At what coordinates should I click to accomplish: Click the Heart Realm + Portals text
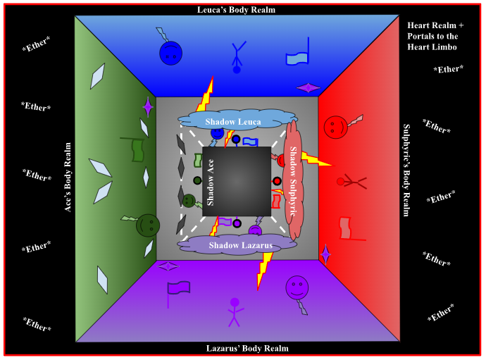pyautogui.click(x=432, y=36)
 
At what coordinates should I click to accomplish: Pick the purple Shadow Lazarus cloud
pyautogui.click(x=240, y=244)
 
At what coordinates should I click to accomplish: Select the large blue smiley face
pyautogui.click(x=170, y=53)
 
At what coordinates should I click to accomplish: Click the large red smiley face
pyautogui.click(x=336, y=127)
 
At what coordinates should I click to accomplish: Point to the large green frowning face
pyautogui.click(x=148, y=225)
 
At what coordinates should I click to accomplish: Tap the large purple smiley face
pyautogui.click(x=297, y=287)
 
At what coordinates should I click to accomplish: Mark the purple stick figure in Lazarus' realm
pyautogui.click(x=235, y=311)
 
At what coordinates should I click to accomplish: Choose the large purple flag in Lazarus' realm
pyautogui.click(x=178, y=290)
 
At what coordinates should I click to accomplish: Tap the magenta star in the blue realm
pyautogui.click(x=308, y=87)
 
